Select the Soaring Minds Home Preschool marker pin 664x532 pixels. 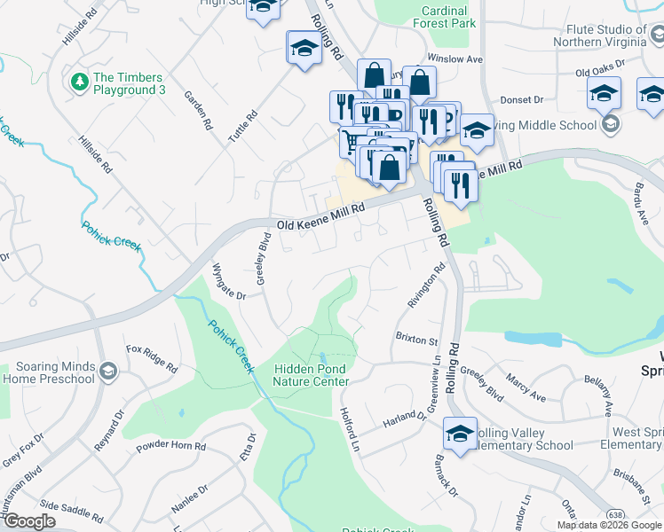point(108,370)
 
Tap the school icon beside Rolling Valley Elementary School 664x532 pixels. point(461,434)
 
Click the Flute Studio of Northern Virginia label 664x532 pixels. point(608,35)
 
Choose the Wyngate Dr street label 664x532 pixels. point(229,280)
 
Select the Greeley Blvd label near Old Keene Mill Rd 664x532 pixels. point(263,258)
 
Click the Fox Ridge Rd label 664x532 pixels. point(152,356)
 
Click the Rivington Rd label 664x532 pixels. point(425,289)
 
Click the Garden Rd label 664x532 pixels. point(195,106)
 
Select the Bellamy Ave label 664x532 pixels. point(598,395)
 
